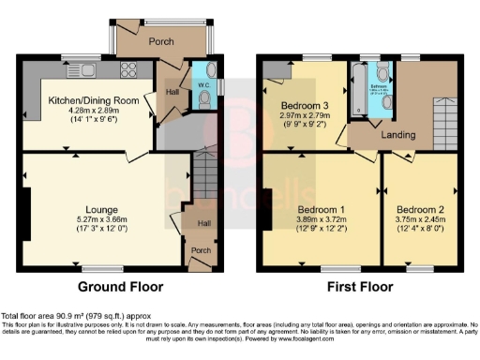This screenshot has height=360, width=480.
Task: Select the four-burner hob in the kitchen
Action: tap(127, 68)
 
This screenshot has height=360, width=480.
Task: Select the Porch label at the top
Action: tap(160, 41)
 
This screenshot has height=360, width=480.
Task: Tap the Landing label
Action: tap(397, 134)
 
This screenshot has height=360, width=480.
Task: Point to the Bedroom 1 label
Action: tap(322, 207)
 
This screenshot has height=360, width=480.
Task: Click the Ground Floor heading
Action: tap(119, 287)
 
